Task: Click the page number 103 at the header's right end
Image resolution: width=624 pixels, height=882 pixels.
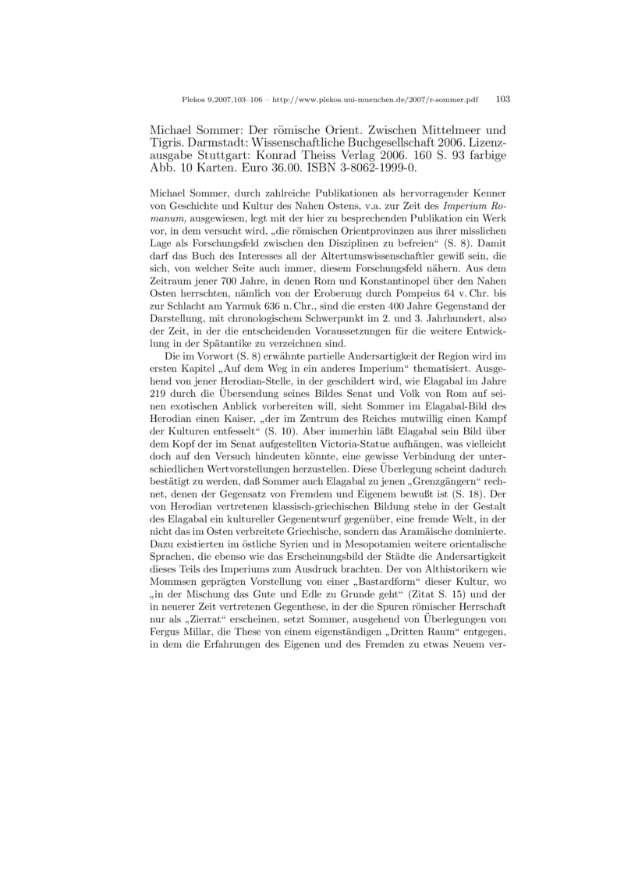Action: [x=502, y=100]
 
